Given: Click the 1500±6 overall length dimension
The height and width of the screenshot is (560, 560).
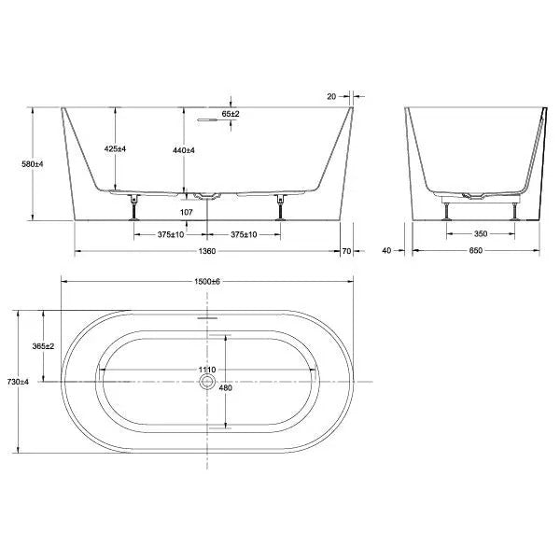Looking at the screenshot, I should (x=207, y=281).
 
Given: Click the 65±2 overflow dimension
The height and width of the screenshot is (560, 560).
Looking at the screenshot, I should (x=231, y=113).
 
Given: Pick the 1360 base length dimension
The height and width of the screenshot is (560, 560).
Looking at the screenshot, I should (x=207, y=251).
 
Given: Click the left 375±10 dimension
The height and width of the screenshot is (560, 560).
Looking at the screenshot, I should (x=171, y=234).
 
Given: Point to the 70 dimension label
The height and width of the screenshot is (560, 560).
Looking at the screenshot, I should (x=346, y=251).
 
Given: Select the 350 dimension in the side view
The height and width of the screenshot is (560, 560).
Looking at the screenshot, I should (x=480, y=234).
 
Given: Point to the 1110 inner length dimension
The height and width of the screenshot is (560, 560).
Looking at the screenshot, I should (x=207, y=371).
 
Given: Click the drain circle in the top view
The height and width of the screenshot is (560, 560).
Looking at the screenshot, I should (x=207, y=382).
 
